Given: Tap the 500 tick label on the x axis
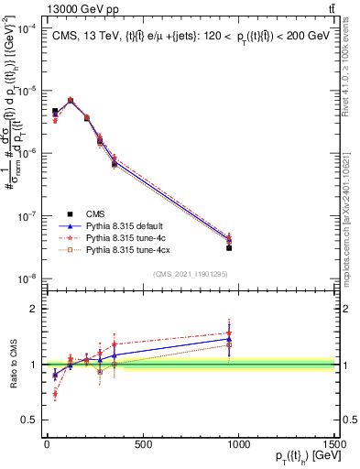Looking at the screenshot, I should click(143, 444).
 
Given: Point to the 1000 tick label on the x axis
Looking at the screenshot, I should click(239, 444).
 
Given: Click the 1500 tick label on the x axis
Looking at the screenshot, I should click(335, 444).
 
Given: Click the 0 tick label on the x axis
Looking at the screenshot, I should click(47, 444).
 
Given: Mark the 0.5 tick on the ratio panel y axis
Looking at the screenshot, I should click(33, 420).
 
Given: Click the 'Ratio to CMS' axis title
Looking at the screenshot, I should click(12, 365).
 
